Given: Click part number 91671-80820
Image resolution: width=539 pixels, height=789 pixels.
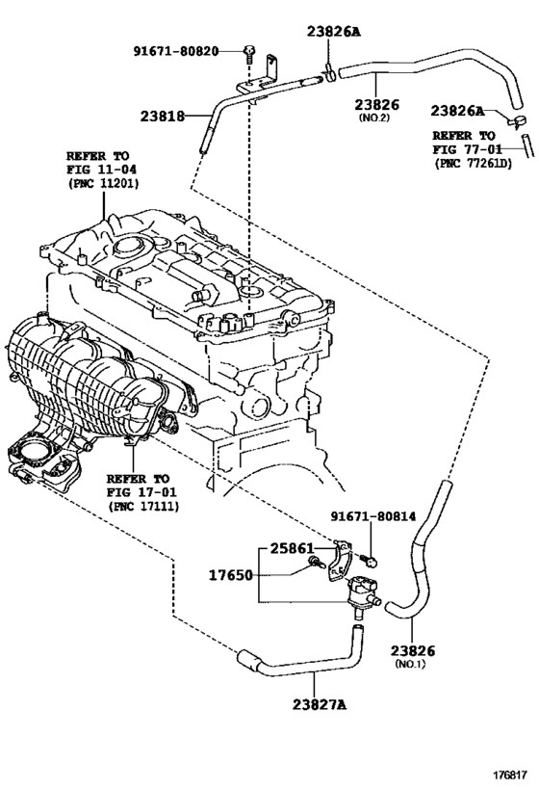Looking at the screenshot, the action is pyautogui.click(x=176, y=51).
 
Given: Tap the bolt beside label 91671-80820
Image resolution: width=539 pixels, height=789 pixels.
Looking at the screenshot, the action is pyautogui.click(x=249, y=54).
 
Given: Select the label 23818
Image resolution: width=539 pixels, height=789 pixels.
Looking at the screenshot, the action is pyautogui.click(x=163, y=117).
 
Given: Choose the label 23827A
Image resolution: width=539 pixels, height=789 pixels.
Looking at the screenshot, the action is pyautogui.click(x=320, y=704).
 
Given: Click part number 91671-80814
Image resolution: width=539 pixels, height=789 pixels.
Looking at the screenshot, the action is pyautogui.click(x=373, y=516).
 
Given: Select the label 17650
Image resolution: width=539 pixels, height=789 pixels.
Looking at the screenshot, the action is pyautogui.click(x=231, y=574).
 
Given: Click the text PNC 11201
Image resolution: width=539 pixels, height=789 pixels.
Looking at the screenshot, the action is pyautogui.click(x=103, y=184).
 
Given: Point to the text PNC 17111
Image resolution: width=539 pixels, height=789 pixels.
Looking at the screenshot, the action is pyautogui.click(x=142, y=506).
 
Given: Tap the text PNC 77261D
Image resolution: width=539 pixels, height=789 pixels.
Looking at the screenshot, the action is pyautogui.click(x=473, y=163).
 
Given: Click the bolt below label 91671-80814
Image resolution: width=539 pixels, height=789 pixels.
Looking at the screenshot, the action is pyautogui.click(x=370, y=559).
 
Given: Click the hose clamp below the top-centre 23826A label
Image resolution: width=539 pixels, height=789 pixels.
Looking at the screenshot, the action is pyautogui.click(x=330, y=73).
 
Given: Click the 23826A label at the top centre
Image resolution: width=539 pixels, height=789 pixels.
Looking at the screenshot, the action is pyautogui.click(x=334, y=32).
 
